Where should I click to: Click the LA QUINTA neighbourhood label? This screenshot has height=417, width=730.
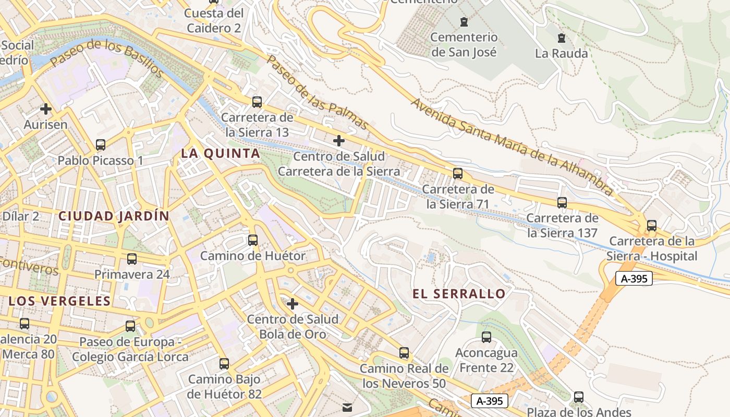tap(220, 153)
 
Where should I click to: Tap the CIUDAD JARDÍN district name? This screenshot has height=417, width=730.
tap(114, 216)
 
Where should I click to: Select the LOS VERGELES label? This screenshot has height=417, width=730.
tap(60, 301)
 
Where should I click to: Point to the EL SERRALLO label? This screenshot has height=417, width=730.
tap(459, 293)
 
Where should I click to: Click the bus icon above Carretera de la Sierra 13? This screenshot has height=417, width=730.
tap(257, 102)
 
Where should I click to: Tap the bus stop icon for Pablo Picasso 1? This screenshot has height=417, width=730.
tap(101, 144)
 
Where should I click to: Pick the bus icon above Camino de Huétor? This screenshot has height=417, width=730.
tap(253, 240)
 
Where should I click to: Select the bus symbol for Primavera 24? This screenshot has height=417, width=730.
tap(132, 259)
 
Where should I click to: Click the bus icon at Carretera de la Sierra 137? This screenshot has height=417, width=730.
tap(562, 202)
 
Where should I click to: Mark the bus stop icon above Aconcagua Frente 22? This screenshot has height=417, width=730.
tap(486, 337)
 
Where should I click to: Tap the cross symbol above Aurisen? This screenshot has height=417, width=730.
tap(46, 109)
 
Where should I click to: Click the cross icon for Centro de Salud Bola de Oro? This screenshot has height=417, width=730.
tap(293, 303)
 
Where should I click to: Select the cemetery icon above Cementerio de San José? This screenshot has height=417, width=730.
tap(464, 21)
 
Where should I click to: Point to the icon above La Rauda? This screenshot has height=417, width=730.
tap(562, 38)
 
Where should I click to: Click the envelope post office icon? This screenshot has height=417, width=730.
tap(347, 407)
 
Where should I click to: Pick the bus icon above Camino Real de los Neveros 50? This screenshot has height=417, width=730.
tap(404, 352)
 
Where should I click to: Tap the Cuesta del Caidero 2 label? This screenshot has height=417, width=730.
tap(214, 20)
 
